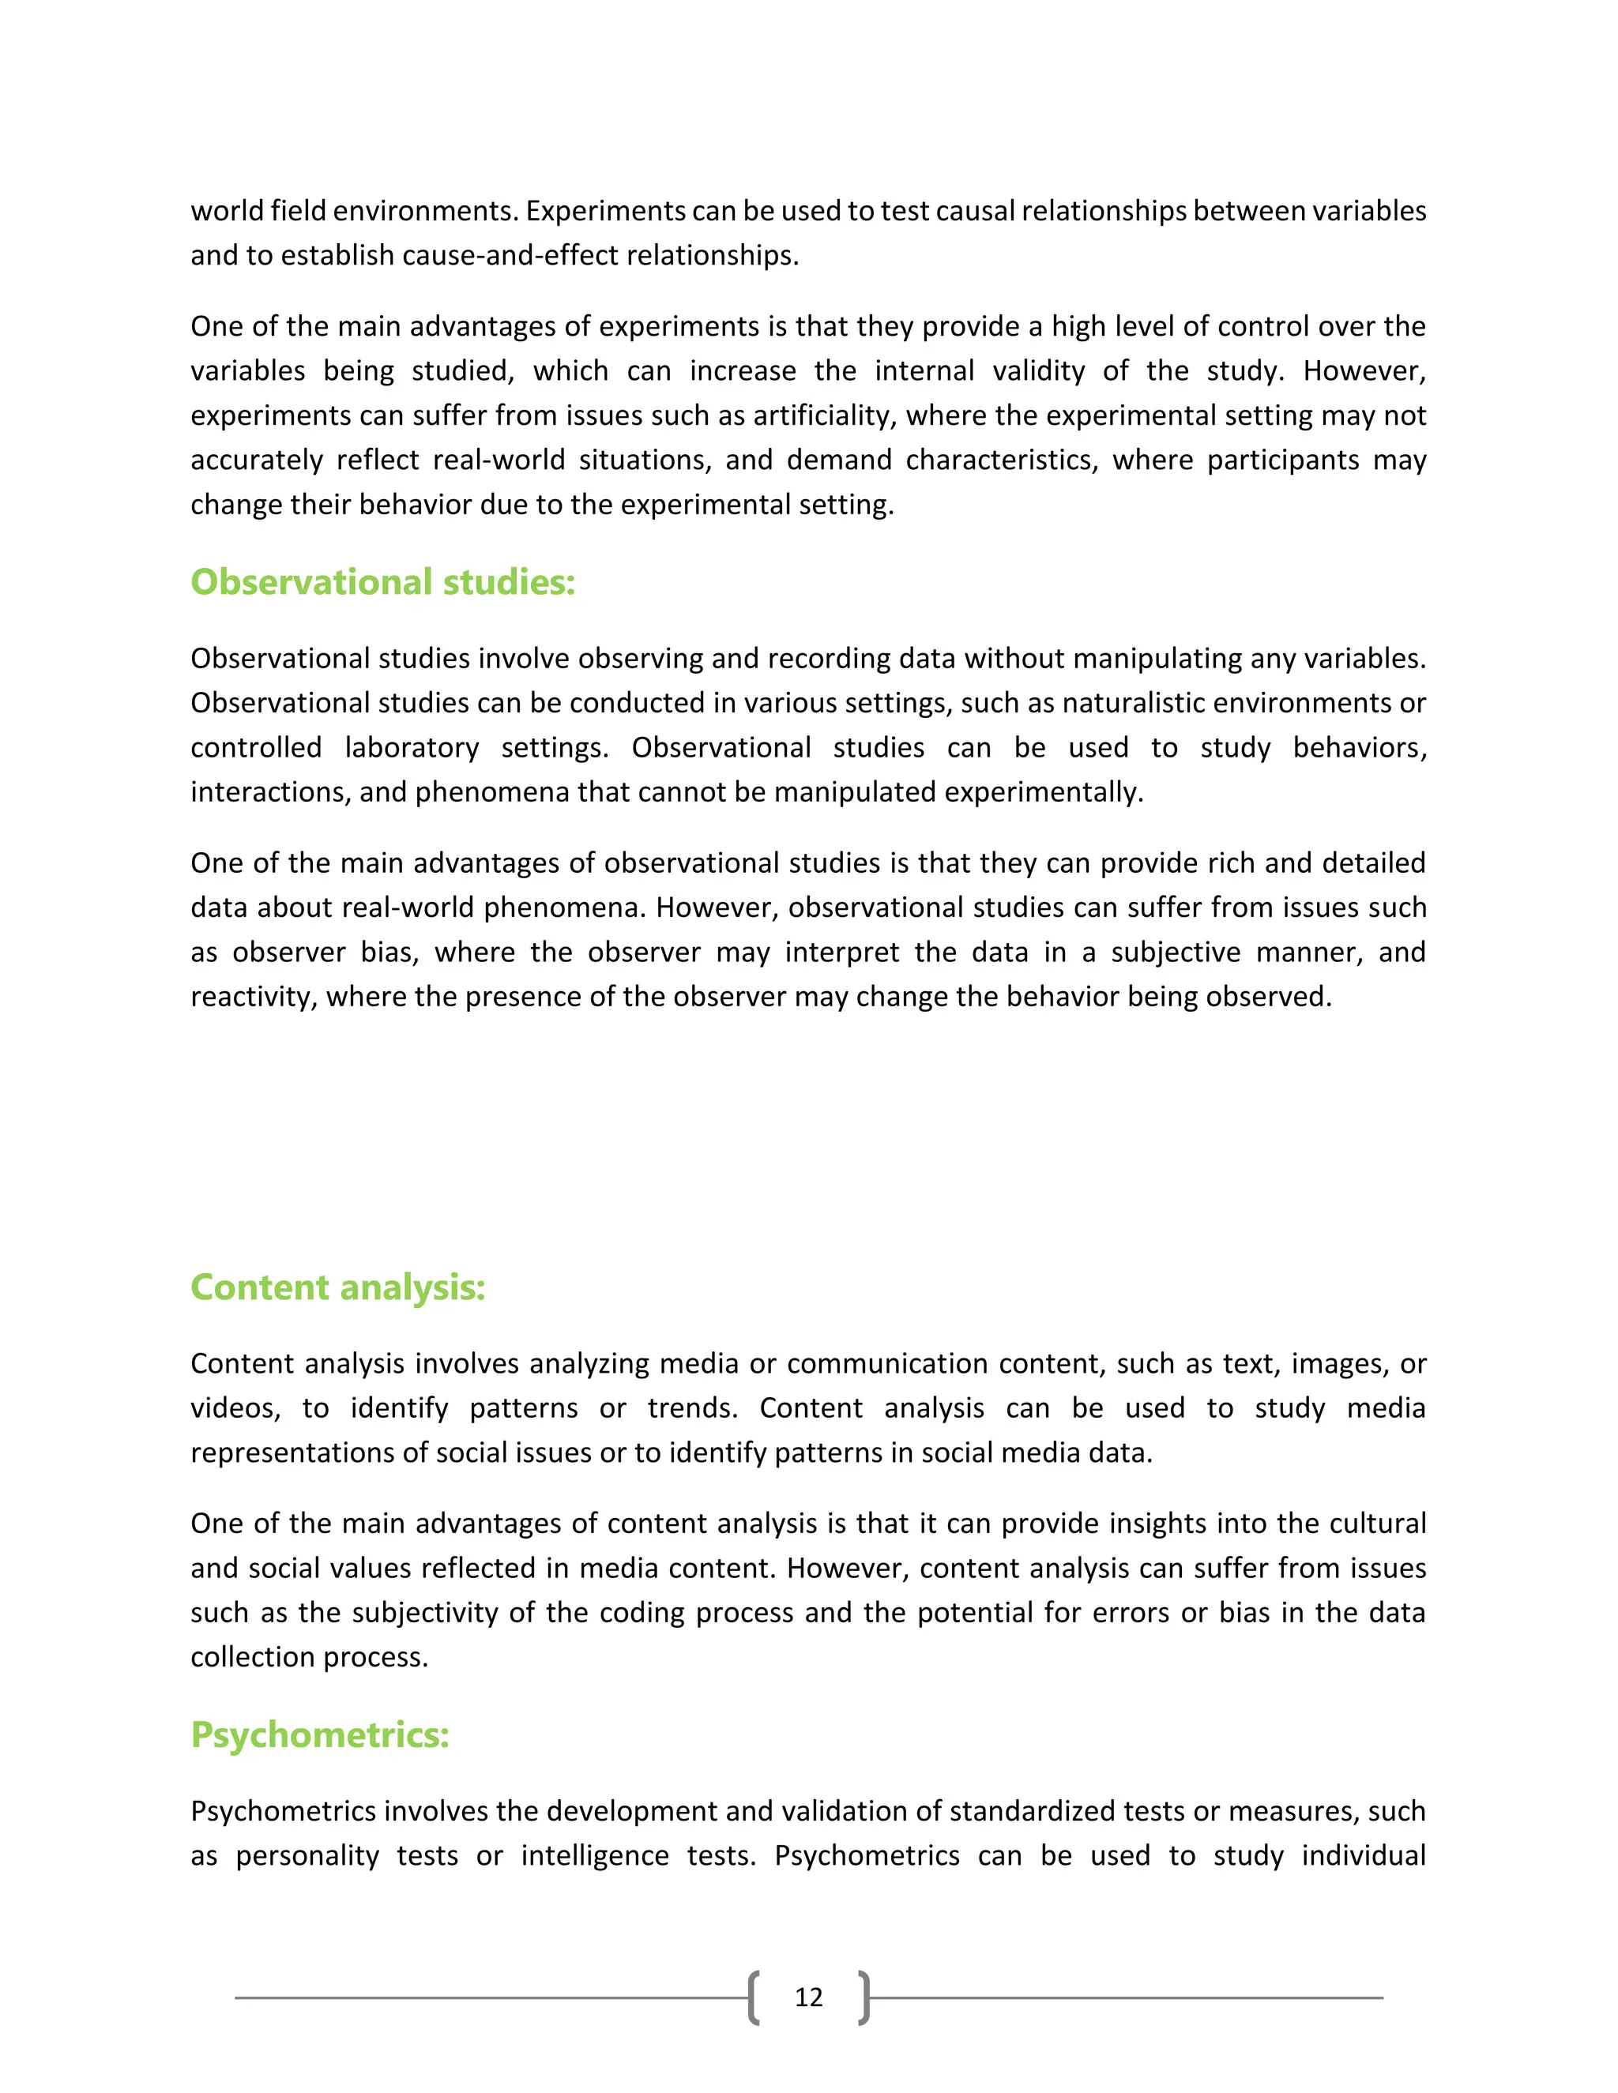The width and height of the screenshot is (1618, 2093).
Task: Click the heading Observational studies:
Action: pyautogui.click(x=382, y=583)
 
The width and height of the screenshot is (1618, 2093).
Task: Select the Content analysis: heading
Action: pyautogui.click(x=337, y=1287)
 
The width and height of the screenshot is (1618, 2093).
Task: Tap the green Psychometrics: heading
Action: pyautogui.click(x=320, y=1734)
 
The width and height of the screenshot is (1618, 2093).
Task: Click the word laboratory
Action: pyautogui.click(x=412, y=747)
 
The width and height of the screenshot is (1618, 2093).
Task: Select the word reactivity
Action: pyautogui.click(x=251, y=998)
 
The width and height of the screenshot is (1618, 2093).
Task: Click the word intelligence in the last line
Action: pyautogui.click(x=594, y=1856)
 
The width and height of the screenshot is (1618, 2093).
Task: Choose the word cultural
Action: pyautogui.click(x=1377, y=1524)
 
